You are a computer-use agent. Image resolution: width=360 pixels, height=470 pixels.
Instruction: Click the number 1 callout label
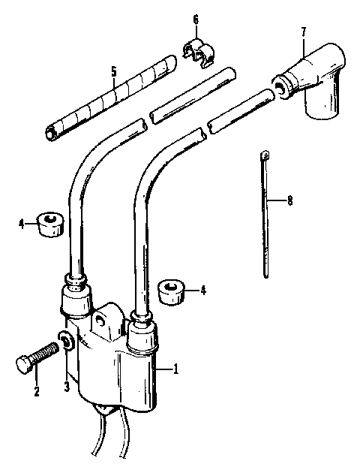click(x=175, y=369)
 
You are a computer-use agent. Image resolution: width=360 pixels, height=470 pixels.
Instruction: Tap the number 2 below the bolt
click(x=35, y=390)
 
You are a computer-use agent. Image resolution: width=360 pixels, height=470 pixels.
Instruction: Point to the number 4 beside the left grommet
click(x=22, y=221)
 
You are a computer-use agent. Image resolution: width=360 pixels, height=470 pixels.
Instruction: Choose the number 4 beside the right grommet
click(x=202, y=289)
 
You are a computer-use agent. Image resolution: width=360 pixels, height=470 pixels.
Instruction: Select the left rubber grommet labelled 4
click(x=49, y=222)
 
